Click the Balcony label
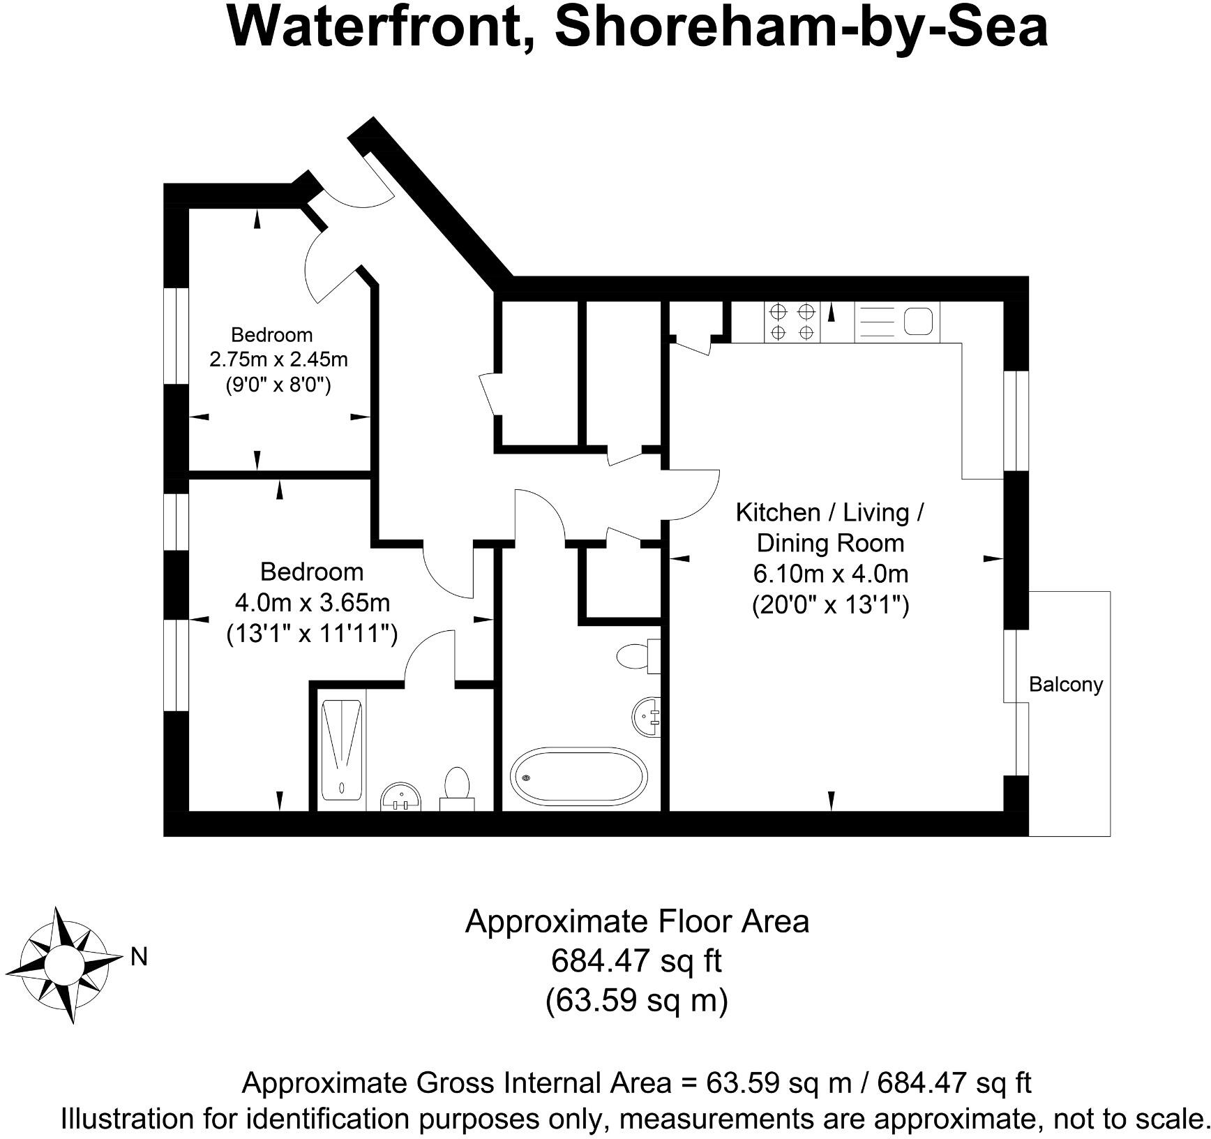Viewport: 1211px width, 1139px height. coord(1066,684)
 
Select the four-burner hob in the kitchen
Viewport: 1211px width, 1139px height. coord(792,322)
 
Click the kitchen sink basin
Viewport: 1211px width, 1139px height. coord(918,322)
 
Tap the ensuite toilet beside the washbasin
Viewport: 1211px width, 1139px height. coord(457,788)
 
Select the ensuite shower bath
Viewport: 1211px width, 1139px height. coord(342,750)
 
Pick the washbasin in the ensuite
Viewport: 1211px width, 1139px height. coord(402,796)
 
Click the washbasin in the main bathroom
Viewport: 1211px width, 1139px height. coord(647,716)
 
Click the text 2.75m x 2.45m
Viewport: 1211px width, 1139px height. coord(278,359)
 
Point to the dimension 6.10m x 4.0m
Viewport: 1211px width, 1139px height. coord(830,574)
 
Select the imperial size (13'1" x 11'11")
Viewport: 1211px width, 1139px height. coord(312,634)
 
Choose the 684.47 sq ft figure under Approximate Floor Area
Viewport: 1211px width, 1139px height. coord(636,961)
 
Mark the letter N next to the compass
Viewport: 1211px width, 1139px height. coord(140,957)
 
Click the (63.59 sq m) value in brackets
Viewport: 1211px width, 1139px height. coord(636,1001)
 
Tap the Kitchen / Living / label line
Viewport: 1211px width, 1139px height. coord(830,512)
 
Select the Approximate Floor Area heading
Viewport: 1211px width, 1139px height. coord(636,921)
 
